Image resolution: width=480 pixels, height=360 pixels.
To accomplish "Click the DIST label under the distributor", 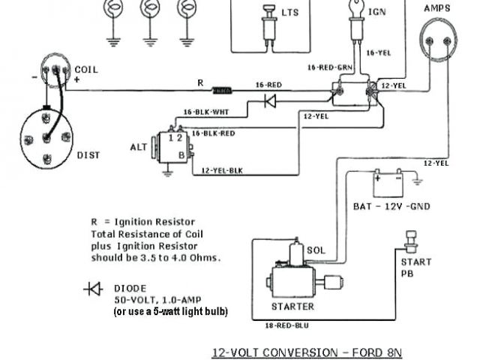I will [88, 155].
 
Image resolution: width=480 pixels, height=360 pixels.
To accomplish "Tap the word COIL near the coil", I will [85, 70].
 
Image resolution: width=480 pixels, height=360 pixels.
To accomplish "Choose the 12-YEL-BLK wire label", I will [222, 170].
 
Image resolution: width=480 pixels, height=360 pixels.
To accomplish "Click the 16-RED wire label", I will [268, 85].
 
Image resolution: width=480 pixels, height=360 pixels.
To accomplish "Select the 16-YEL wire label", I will [379, 53].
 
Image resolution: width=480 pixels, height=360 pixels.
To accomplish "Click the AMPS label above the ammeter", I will [437, 7].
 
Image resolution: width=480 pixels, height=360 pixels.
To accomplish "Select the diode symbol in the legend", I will [94, 289].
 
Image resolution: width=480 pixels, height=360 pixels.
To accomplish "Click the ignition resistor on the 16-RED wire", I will [222, 91].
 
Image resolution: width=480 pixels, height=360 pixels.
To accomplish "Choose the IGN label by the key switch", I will [377, 13].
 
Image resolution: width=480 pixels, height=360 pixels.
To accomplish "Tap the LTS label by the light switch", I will [289, 13].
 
